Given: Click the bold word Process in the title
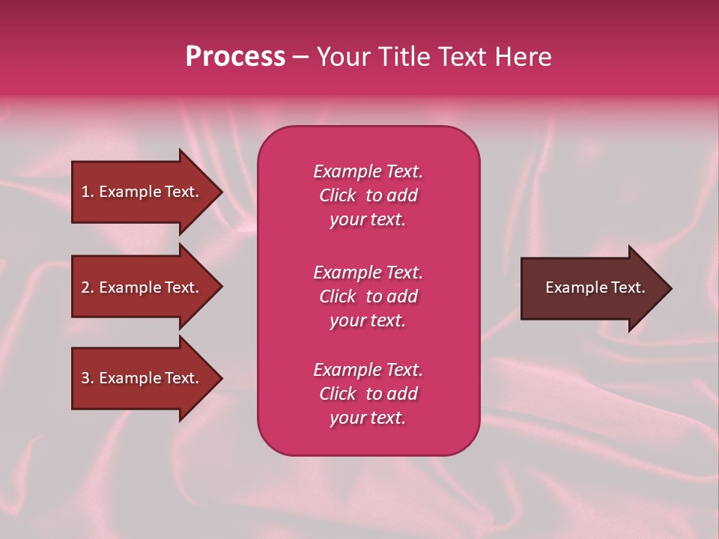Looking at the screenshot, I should [235, 57].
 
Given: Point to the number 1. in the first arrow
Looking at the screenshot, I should [88, 192].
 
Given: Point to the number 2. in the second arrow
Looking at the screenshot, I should [88, 287].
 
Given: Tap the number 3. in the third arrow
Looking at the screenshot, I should [88, 378].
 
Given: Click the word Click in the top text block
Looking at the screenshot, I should [338, 195].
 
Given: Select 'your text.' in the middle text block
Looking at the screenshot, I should [368, 320].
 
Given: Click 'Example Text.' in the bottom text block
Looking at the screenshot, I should [368, 370].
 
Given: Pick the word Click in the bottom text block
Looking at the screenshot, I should [338, 394].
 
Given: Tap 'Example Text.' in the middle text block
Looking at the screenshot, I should [368, 272].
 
